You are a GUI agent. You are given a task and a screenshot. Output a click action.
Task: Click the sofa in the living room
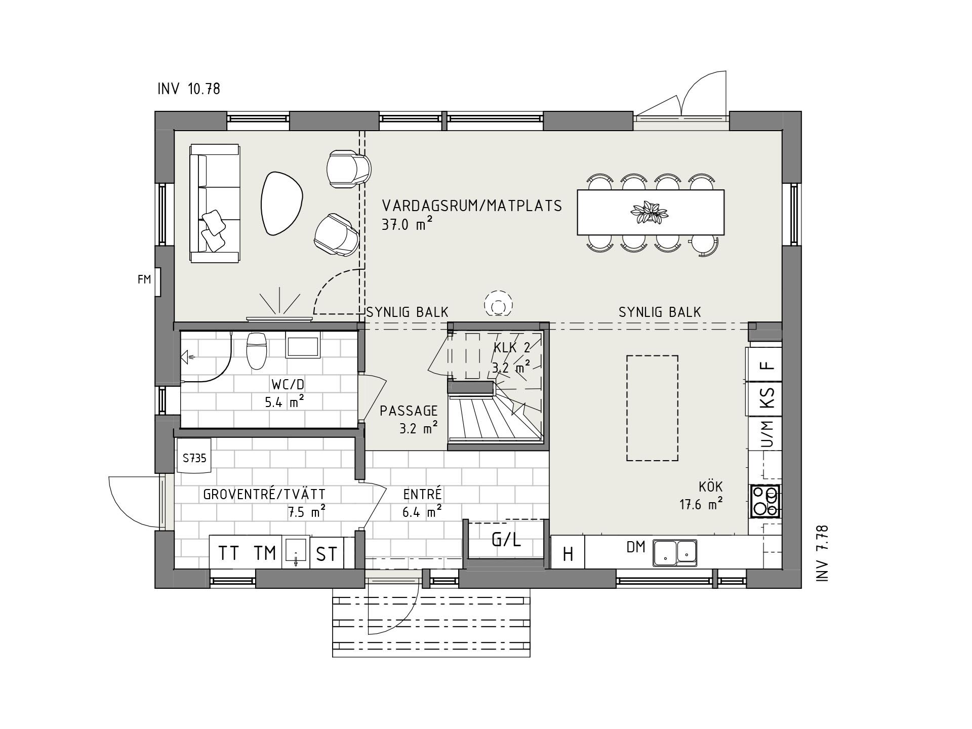(x=215, y=204)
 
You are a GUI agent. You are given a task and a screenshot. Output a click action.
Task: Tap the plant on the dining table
(x=650, y=213)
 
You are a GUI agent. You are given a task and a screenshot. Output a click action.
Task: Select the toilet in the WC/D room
(x=256, y=350)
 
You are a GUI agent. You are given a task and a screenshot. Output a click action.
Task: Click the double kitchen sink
(x=675, y=552)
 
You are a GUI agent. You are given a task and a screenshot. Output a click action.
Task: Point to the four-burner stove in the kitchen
(x=764, y=501)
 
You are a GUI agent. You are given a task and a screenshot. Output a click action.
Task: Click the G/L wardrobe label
(x=506, y=540)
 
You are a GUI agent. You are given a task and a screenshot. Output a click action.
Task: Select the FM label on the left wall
(x=144, y=279)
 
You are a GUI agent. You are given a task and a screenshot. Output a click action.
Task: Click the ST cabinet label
(x=327, y=554)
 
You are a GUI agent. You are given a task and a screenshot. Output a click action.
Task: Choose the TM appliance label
(x=265, y=553)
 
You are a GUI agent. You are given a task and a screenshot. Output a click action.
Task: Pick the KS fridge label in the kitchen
(x=767, y=398)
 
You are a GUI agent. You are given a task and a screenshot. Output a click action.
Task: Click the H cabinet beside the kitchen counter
(x=568, y=554)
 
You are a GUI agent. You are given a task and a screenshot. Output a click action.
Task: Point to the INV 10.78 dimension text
(x=189, y=89)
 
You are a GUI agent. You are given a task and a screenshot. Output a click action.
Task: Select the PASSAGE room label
(x=409, y=411)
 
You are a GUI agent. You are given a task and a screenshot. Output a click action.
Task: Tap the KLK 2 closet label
(x=511, y=348)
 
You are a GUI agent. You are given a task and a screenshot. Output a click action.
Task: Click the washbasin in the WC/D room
(x=303, y=345)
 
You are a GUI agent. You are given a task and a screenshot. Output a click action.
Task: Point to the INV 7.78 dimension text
(x=822, y=553)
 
